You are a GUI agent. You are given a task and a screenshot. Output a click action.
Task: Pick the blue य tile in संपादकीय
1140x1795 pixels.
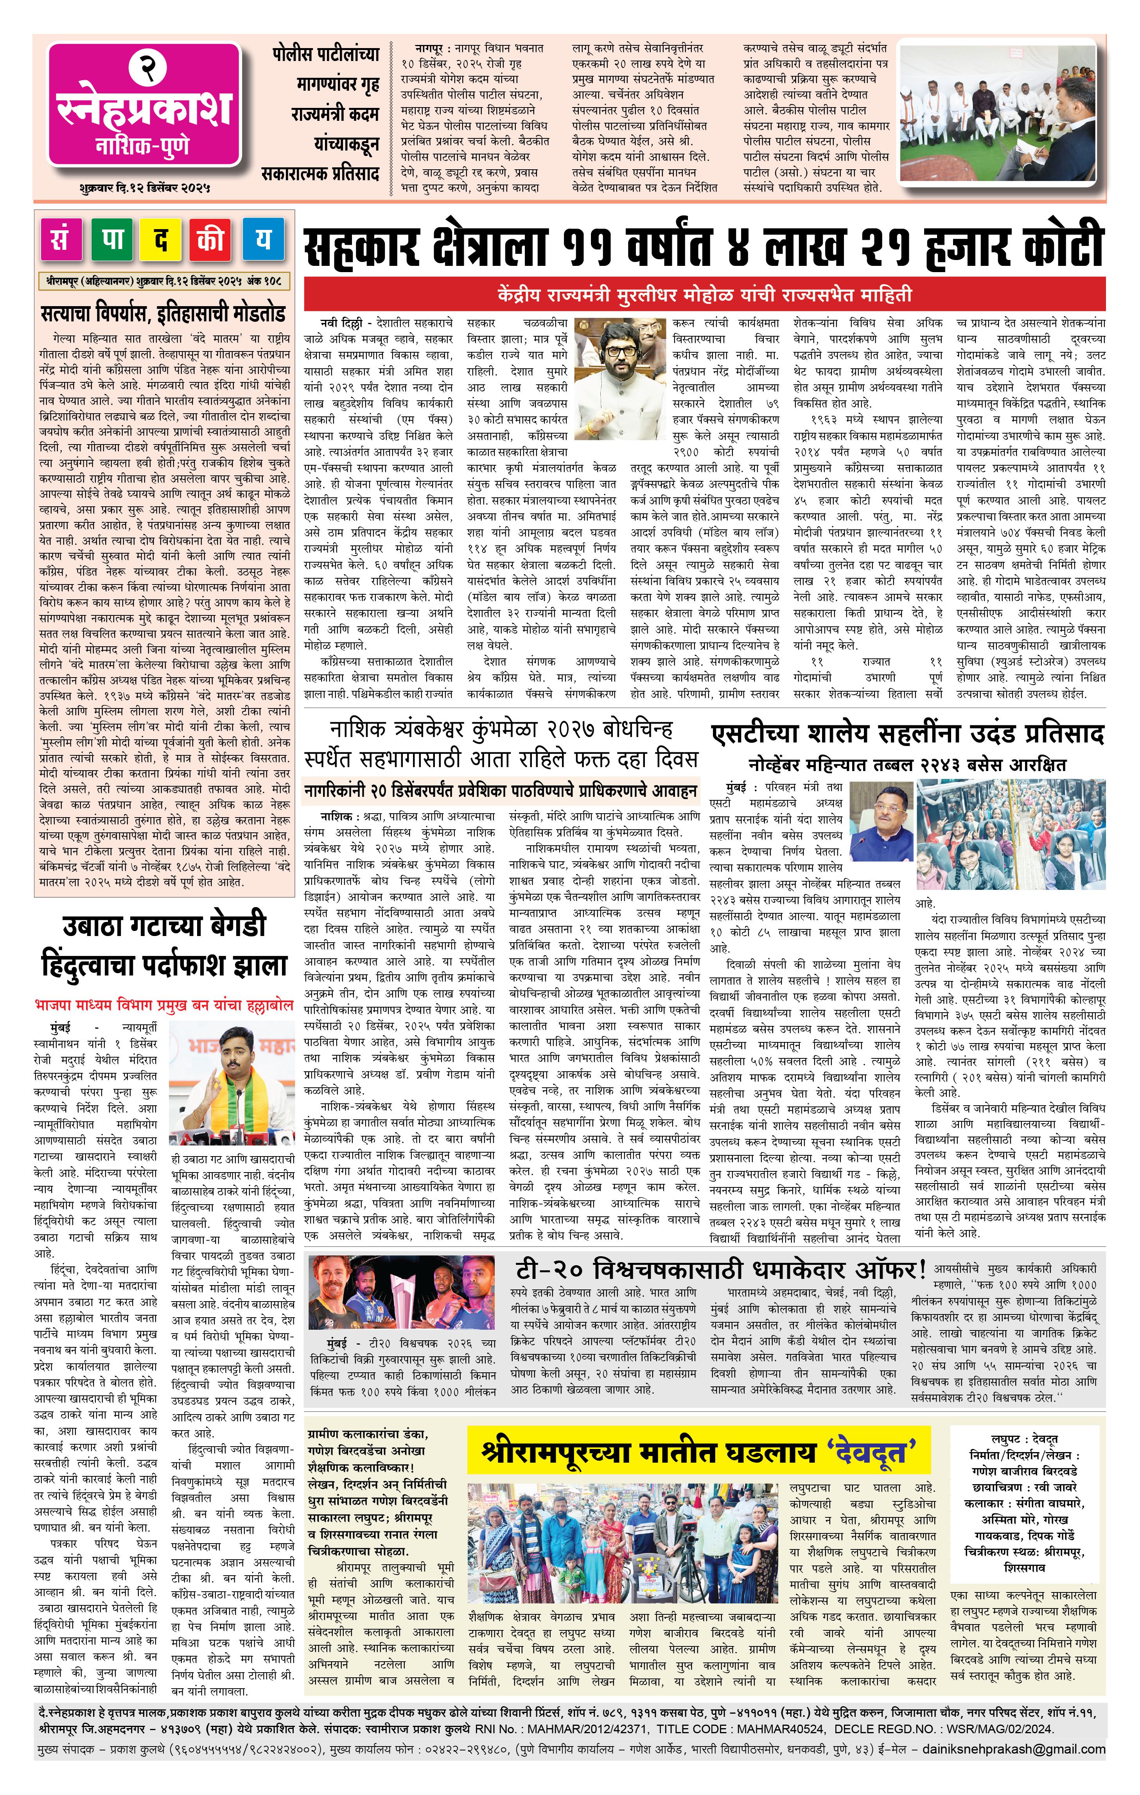262,239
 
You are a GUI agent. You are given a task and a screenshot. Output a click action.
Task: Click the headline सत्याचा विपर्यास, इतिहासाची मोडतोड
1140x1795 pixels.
163,313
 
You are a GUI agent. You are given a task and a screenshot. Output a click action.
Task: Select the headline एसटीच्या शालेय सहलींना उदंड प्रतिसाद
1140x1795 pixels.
907,734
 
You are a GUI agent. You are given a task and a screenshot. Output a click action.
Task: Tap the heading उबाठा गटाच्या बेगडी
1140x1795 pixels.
163,927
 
